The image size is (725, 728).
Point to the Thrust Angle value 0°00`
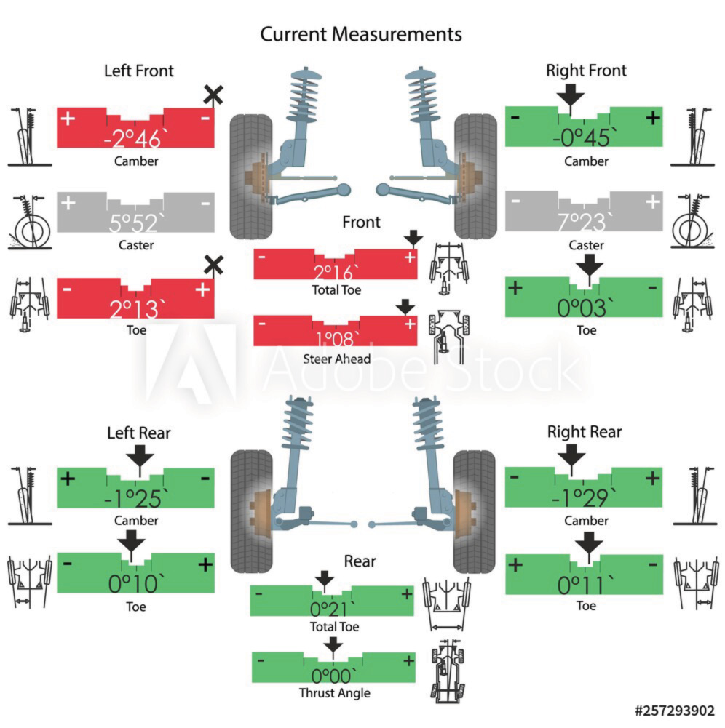tap(333, 674)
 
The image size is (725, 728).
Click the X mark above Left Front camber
tap(213, 95)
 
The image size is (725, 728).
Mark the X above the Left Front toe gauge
tap(213, 265)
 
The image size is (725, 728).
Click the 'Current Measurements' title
tap(361, 34)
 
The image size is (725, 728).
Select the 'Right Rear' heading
tap(585, 432)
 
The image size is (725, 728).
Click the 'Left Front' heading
tap(139, 71)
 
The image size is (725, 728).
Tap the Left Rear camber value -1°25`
tap(136, 498)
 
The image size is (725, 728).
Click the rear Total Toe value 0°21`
tap(333, 609)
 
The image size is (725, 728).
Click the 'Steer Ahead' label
tap(336, 359)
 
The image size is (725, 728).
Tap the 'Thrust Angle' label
tap(334, 693)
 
